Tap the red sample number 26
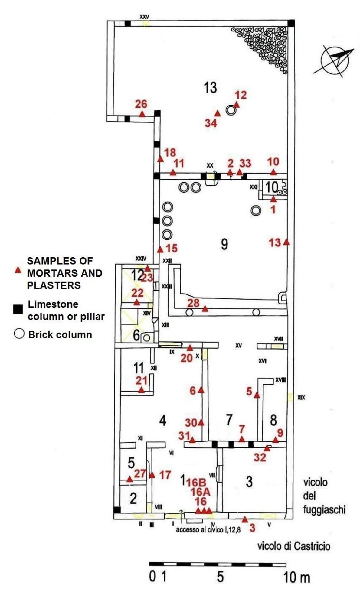click(x=141, y=104)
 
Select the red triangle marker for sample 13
click(x=286, y=242)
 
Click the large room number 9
click(x=224, y=244)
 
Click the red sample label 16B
click(x=196, y=482)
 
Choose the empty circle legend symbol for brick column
click(x=19, y=334)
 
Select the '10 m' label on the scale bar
click(x=296, y=578)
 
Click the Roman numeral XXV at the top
click(x=144, y=17)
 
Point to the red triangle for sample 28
click(x=205, y=309)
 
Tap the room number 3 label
click(x=249, y=482)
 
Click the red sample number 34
click(x=211, y=123)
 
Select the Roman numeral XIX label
click(x=301, y=398)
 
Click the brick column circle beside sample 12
click(x=231, y=110)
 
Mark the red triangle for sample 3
click(x=244, y=519)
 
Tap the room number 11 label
click(x=138, y=368)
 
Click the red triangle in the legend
click(x=18, y=270)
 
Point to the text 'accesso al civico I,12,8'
click(x=208, y=529)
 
